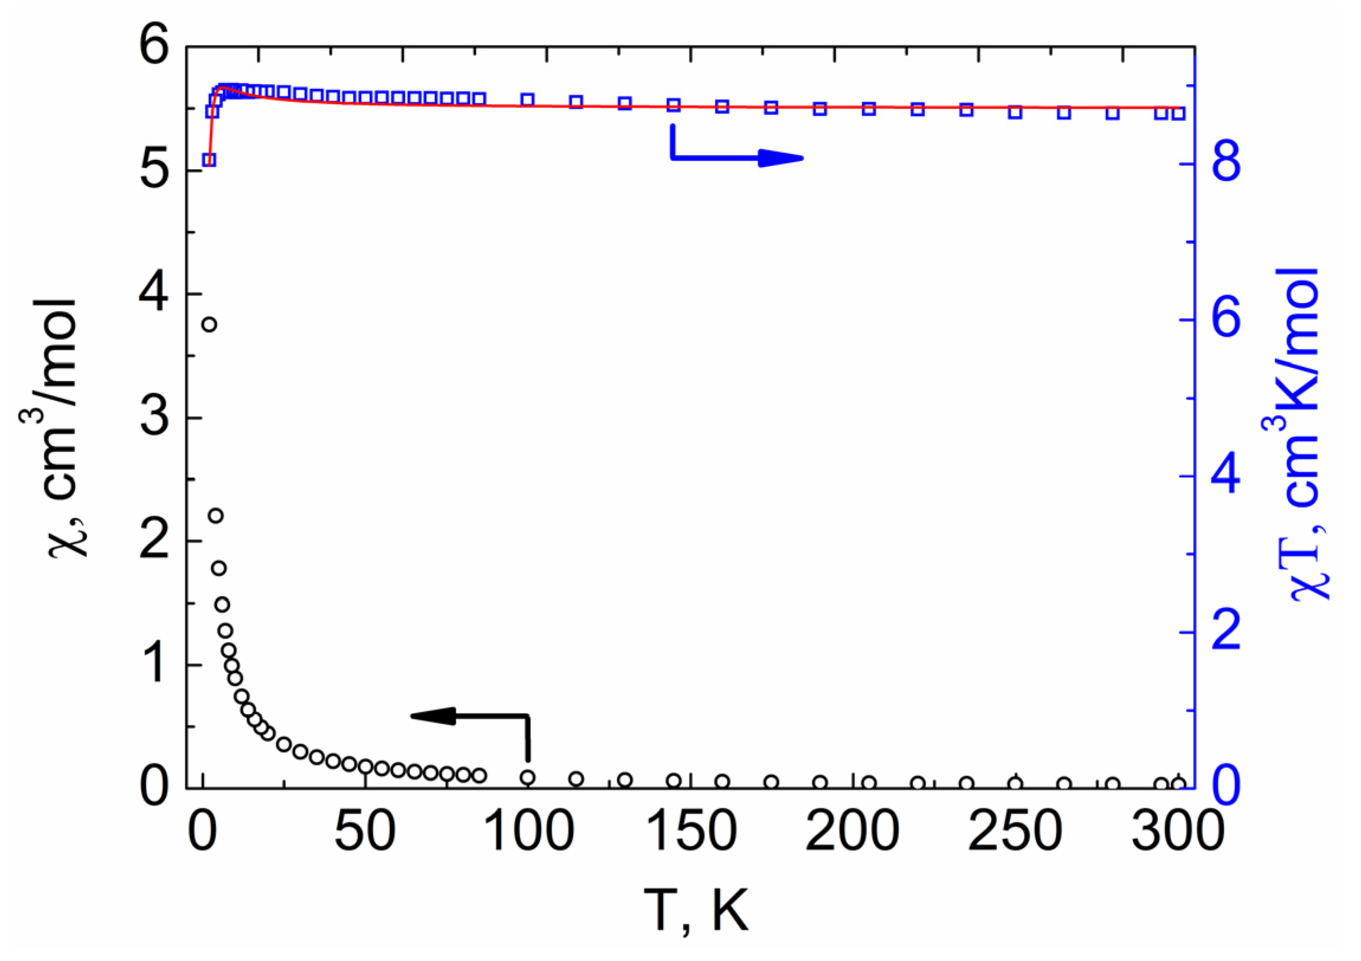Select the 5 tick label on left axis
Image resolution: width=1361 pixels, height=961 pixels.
point(155,172)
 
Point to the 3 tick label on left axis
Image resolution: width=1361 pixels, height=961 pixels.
point(155,418)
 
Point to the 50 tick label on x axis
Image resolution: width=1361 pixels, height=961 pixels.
point(365,833)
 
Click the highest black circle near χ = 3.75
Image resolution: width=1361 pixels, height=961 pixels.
point(209,324)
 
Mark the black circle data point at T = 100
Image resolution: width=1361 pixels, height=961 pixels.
point(528,778)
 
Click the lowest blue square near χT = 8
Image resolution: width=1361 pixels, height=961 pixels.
point(209,160)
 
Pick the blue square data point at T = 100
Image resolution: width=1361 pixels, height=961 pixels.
point(528,99)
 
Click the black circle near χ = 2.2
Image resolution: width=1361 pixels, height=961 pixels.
point(216,515)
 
